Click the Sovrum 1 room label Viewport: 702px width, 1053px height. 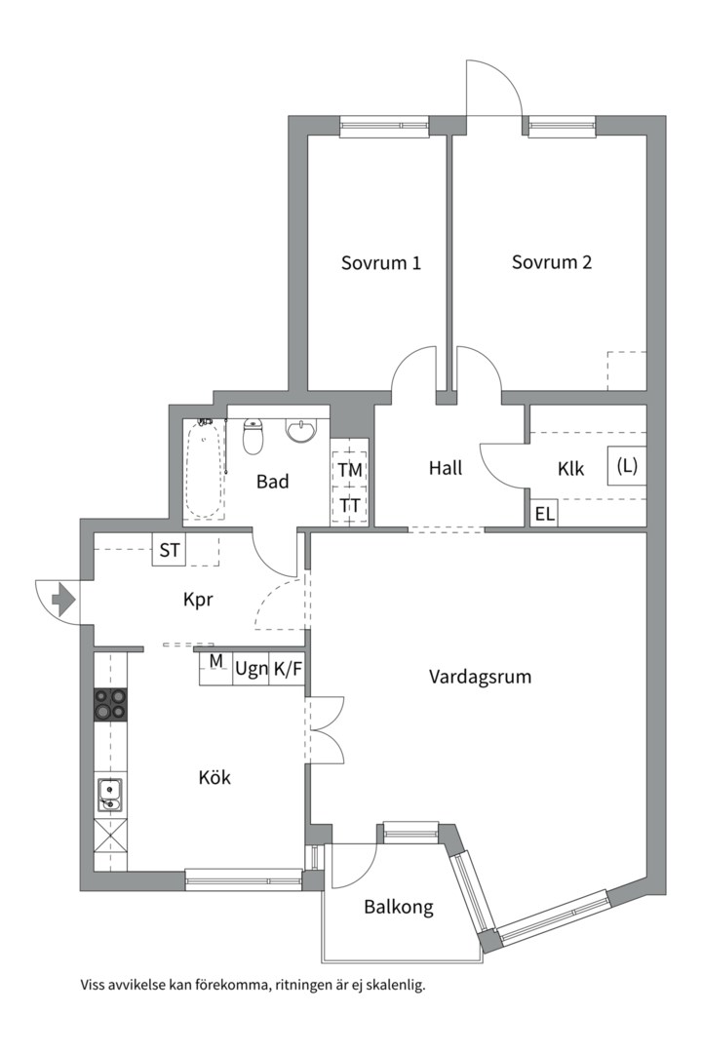coord(380,262)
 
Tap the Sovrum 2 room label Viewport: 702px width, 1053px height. coord(552,261)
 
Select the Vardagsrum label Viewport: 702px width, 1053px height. coord(480,676)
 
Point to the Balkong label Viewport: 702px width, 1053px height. coord(398,907)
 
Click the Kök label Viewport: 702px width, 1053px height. coord(214,777)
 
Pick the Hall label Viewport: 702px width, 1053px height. coord(446,468)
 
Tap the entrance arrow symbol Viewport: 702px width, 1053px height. coord(62,599)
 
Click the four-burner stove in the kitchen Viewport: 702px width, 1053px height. coord(110,704)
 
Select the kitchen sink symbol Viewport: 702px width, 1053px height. coord(109,796)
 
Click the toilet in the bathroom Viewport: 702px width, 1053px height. coord(253,438)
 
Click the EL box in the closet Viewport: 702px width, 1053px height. coord(543,514)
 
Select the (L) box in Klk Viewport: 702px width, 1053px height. coord(626,466)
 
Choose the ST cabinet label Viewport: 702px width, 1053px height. coord(170,550)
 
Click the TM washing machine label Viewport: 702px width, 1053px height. coord(350,470)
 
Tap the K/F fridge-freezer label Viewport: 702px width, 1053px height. coord(287,670)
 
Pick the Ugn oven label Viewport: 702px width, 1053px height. coord(251,670)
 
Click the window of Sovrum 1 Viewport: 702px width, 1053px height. coord(384,124)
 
